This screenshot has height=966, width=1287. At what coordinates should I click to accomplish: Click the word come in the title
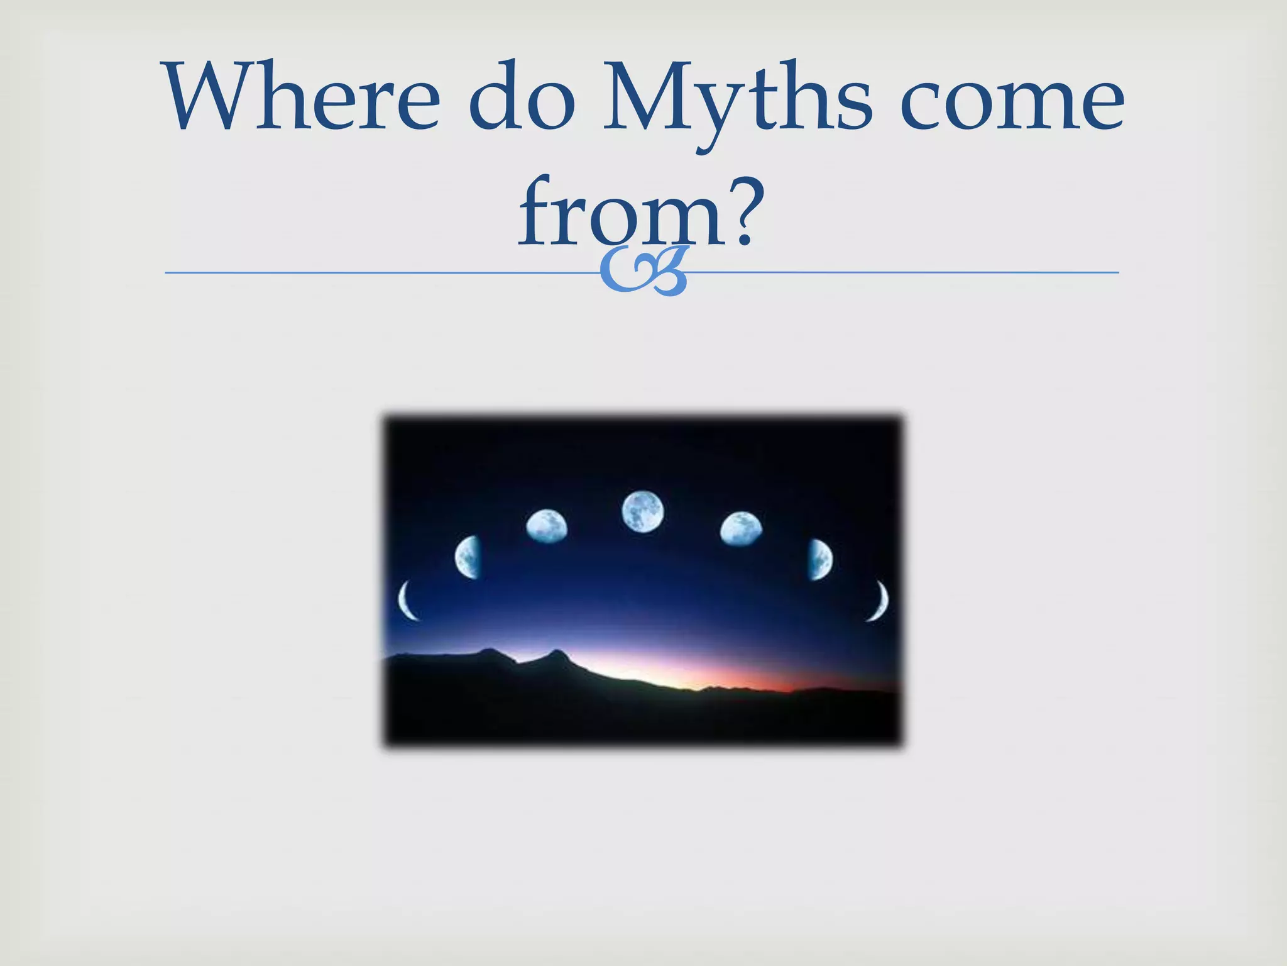[1012, 101]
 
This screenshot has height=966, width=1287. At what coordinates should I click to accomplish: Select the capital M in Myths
[647, 97]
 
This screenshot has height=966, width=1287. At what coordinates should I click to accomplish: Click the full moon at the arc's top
[642, 511]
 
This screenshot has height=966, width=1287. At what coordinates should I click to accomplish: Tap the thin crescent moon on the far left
[407, 601]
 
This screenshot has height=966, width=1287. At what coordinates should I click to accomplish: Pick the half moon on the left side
[469, 557]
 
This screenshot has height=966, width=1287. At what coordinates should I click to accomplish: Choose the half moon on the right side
[819, 558]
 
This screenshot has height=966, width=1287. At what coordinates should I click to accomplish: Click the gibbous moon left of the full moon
[546, 526]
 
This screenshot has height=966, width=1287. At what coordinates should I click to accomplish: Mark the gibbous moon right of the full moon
[741, 529]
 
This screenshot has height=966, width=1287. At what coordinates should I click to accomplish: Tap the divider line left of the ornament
[377, 272]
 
